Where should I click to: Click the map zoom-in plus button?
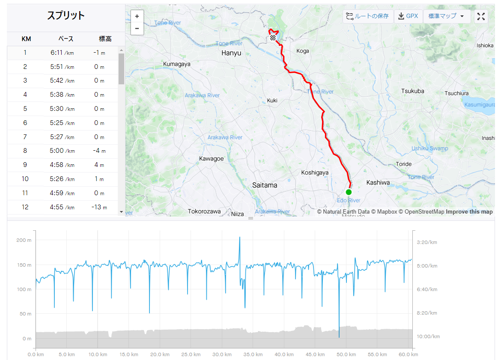(x=137, y=16)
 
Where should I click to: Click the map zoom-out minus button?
(x=137, y=28)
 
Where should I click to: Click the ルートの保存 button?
(x=368, y=16)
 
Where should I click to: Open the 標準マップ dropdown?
(x=446, y=16)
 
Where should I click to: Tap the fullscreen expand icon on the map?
(x=481, y=16)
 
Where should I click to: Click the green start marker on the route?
(x=349, y=192)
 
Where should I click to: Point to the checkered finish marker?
(x=272, y=38)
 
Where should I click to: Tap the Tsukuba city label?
(x=412, y=91)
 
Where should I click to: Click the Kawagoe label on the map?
(x=211, y=159)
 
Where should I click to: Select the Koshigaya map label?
(x=315, y=173)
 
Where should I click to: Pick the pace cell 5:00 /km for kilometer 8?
(x=62, y=151)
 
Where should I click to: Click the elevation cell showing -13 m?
(x=99, y=207)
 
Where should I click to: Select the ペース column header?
(x=66, y=39)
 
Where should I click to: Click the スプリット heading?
(x=66, y=15)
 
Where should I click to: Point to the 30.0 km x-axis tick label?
(x=222, y=354)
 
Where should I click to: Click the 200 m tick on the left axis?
(x=24, y=240)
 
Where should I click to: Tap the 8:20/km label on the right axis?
(x=427, y=313)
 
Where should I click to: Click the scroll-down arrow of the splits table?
(x=121, y=212)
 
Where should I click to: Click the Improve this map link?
(x=469, y=211)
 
